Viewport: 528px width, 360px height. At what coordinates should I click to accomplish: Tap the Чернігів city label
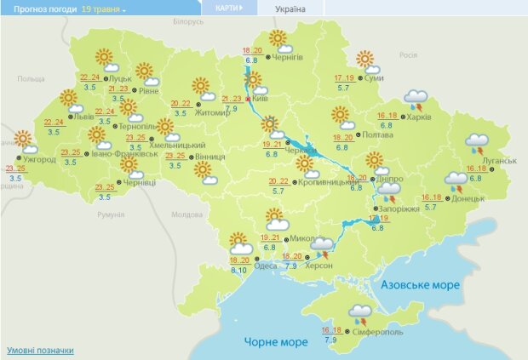[290, 57]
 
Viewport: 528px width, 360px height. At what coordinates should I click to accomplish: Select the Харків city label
[418, 117]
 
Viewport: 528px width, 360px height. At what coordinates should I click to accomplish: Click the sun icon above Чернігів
[278, 39]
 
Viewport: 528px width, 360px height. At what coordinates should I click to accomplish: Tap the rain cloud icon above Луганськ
[476, 143]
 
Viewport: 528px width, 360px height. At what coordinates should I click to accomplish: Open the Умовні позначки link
[40, 350]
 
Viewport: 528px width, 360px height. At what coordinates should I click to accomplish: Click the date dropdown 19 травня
[103, 9]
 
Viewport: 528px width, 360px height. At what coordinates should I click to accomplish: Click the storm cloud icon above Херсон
[323, 247]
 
